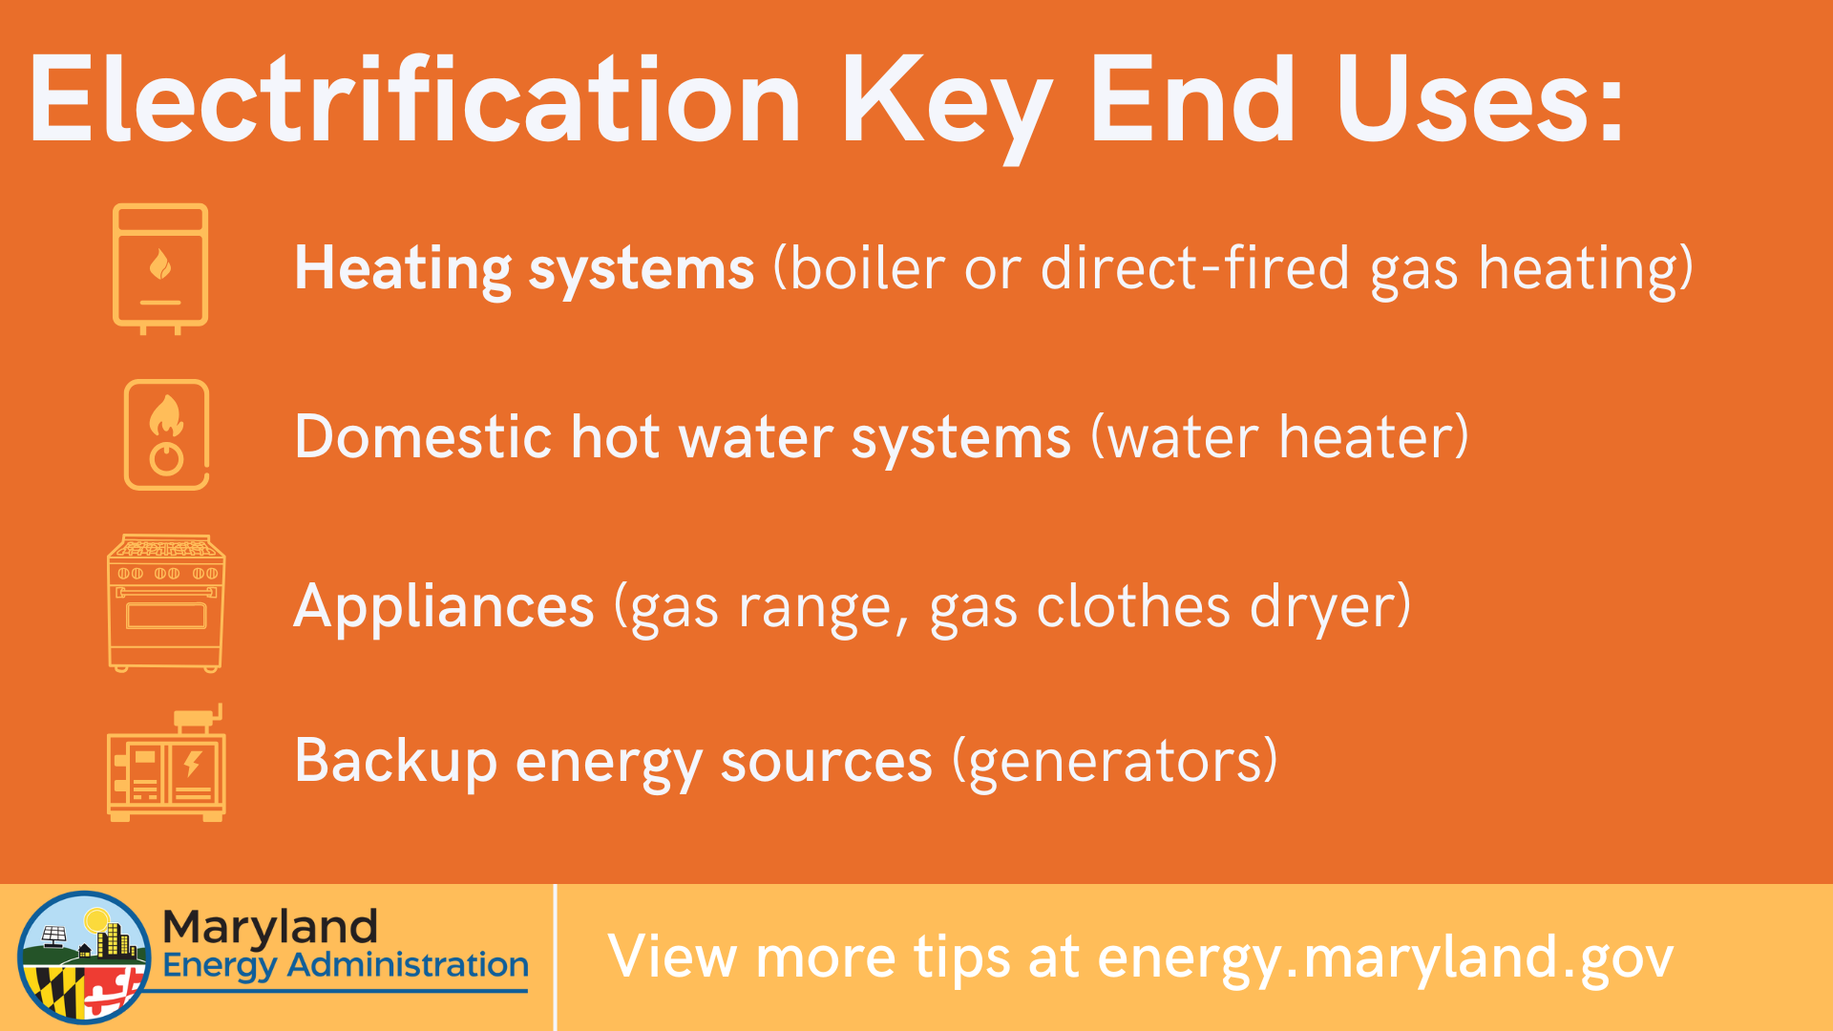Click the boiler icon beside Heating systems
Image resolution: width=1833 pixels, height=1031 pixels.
click(x=160, y=268)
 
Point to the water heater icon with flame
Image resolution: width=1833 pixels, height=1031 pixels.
click(x=166, y=435)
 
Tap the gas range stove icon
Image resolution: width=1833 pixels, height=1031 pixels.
click(x=166, y=603)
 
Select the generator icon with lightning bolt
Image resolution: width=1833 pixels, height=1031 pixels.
click(x=166, y=763)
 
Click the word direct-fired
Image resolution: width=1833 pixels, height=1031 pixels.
click(x=1195, y=267)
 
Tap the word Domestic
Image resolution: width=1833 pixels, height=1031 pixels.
click(x=423, y=437)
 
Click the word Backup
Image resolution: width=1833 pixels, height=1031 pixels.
click(x=395, y=763)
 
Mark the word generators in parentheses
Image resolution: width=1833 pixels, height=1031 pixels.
click(x=1115, y=764)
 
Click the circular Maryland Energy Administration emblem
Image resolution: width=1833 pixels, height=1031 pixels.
click(x=84, y=957)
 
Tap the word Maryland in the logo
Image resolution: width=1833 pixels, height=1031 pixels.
click(x=270, y=926)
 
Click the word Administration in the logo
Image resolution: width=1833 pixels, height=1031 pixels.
click(x=408, y=965)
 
